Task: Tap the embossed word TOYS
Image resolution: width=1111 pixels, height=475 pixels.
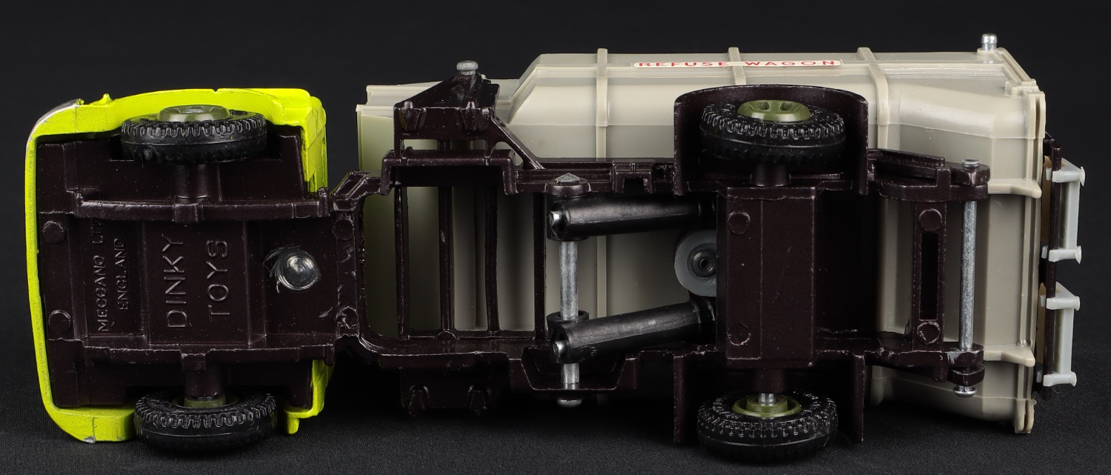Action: (x=218, y=278)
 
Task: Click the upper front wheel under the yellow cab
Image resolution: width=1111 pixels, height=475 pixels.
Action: (x=194, y=133)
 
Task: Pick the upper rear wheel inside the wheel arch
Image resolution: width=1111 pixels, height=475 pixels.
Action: (x=773, y=128)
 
